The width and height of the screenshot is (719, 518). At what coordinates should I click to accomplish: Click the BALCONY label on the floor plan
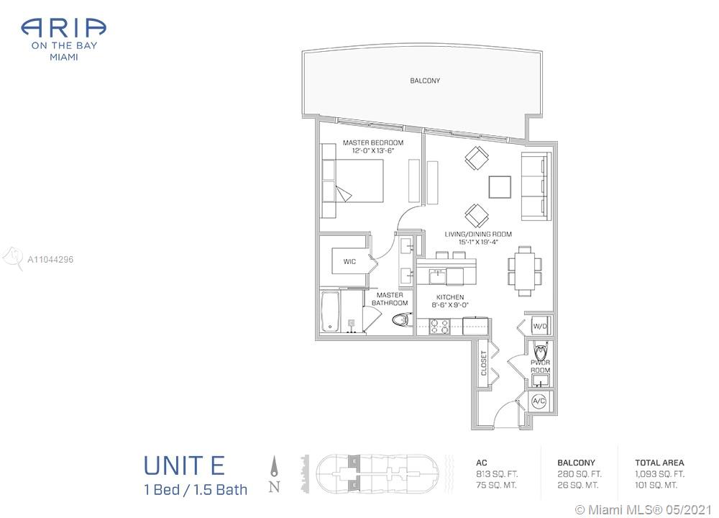pyautogui.click(x=425, y=81)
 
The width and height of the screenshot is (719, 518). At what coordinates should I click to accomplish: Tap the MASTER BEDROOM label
pyautogui.click(x=373, y=142)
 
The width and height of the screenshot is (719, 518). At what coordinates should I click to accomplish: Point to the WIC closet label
pyautogui.click(x=349, y=262)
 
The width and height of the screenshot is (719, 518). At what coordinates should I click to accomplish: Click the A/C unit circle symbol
pyautogui.click(x=539, y=401)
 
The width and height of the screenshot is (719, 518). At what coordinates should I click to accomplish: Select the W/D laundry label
pyautogui.click(x=540, y=327)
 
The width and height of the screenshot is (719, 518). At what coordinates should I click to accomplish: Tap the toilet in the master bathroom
pyautogui.click(x=402, y=319)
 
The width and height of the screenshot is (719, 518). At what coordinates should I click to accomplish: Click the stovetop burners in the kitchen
pyautogui.click(x=439, y=326)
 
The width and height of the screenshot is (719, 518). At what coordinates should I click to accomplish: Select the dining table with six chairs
pyautogui.click(x=525, y=271)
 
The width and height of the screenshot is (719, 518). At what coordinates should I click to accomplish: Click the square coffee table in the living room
pyautogui.click(x=500, y=187)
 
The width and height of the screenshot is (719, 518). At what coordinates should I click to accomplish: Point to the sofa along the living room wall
pyautogui.click(x=536, y=186)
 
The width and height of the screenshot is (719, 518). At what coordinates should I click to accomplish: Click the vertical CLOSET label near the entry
pyautogui.click(x=484, y=363)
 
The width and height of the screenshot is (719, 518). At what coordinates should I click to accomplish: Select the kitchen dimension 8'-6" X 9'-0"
pyautogui.click(x=450, y=305)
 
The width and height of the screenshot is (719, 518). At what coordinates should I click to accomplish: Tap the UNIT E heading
pyautogui.click(x=184, y=465)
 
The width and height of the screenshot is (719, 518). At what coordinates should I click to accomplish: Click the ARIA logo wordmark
pyautogui.click(x=64, y=28)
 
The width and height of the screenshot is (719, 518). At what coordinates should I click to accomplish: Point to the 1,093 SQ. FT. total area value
pyautogui.click(x=659, y=474)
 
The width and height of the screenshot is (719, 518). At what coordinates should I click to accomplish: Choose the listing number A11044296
pyautogui.click(x=50, y=260)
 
